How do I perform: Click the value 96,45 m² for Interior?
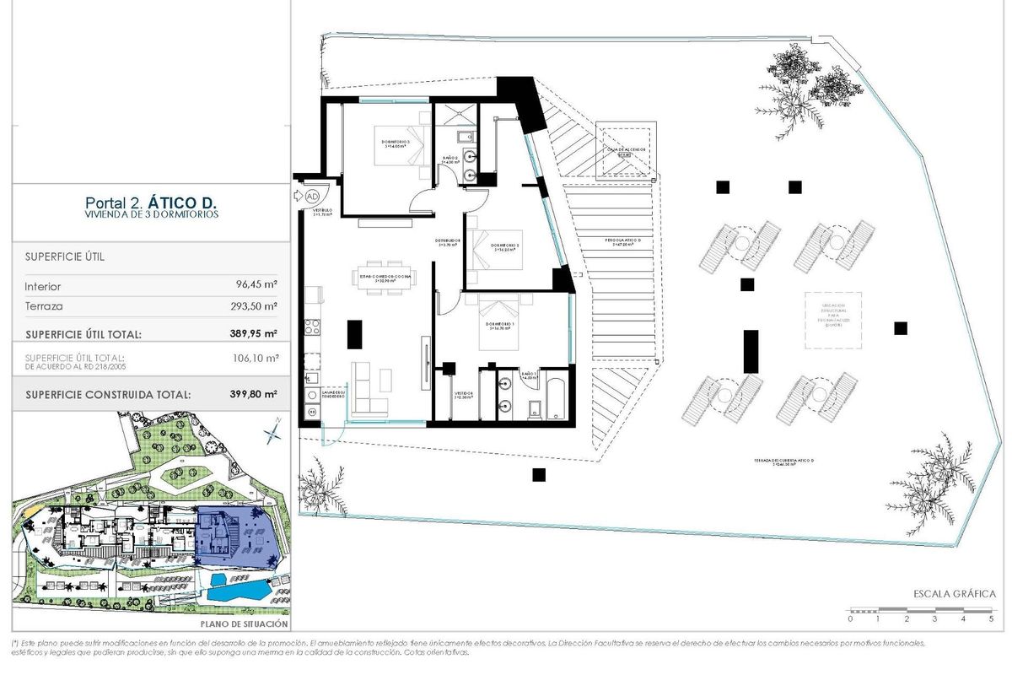coord(257,286)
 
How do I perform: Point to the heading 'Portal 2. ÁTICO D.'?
coord(151,202)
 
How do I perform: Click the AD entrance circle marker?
coord(311,194)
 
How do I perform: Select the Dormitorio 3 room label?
coord(396,143)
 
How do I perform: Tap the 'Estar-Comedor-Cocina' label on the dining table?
coord(385,277)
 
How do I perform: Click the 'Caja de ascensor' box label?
coord(625,151)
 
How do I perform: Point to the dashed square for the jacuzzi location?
coord(835,320)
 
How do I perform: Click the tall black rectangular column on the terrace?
coord(750,351)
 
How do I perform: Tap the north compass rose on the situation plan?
coord(272,434)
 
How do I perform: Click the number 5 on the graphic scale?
coord(991,619)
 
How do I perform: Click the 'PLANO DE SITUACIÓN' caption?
coord(245,624)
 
